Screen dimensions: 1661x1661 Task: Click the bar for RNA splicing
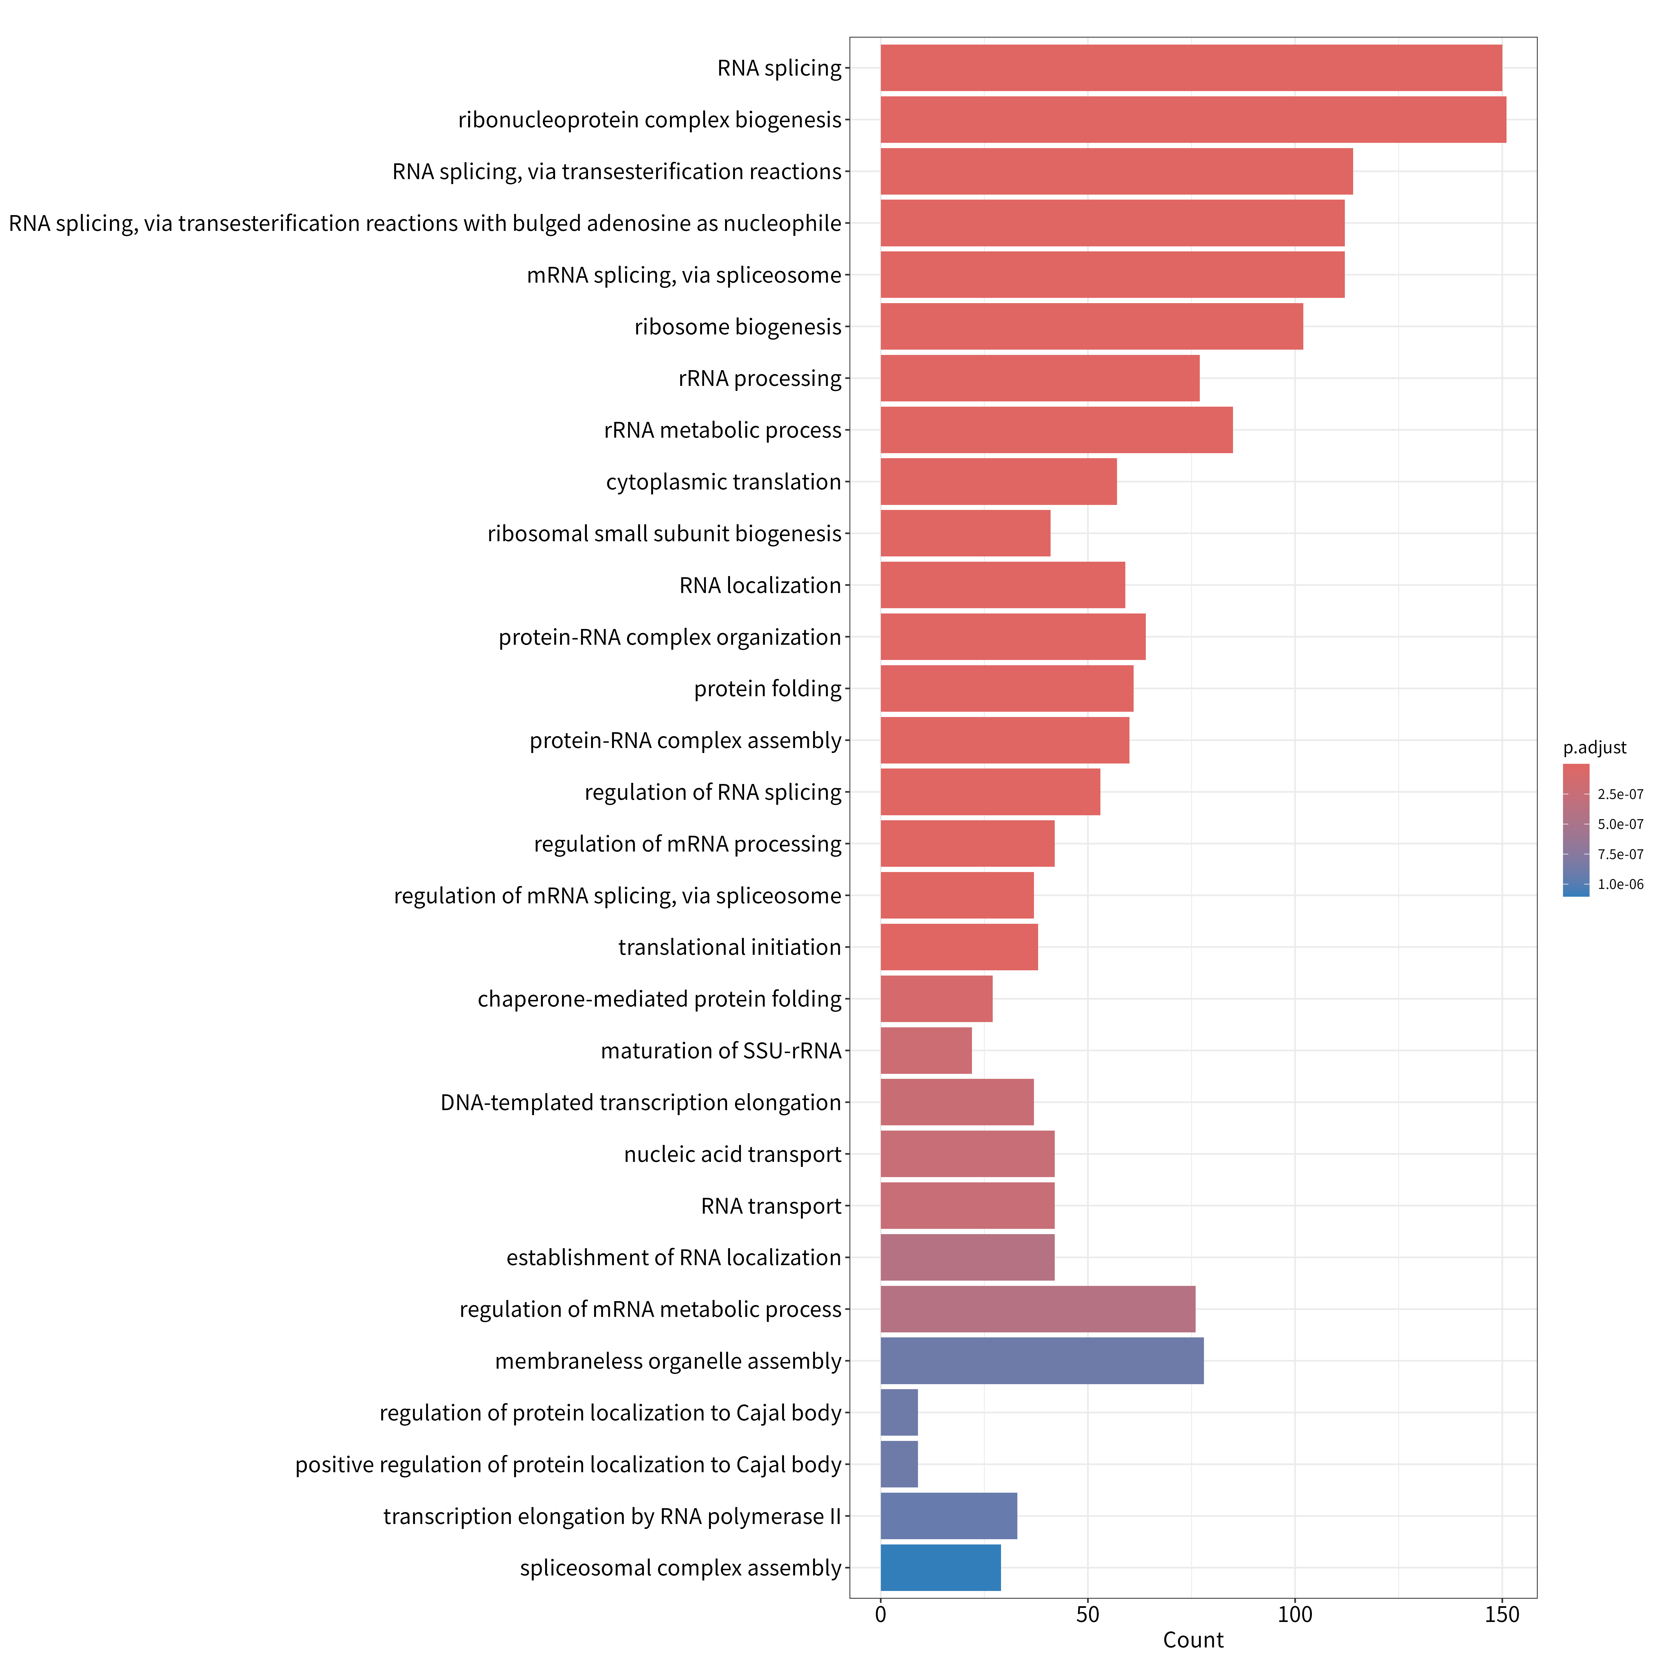point(1191,68)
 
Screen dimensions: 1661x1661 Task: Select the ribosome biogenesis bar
point(1092,327)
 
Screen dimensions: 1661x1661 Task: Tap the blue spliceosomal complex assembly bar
point(941,1567)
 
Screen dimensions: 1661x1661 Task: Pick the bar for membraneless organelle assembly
point(1042,1361)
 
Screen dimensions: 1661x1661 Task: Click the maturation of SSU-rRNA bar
point(926,1051)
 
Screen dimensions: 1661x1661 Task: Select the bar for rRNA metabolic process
point(1057,430)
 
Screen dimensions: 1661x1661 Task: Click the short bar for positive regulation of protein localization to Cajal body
point(899,1464)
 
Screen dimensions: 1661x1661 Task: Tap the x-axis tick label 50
point(1088,1614)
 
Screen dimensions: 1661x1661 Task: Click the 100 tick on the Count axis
point(1295,1614)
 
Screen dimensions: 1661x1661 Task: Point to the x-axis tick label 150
point(1502,1614)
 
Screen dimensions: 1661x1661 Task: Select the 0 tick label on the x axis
point(880,1614)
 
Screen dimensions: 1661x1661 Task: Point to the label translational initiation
point(730,947)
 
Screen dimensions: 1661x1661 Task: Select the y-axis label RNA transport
point(771,1206)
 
